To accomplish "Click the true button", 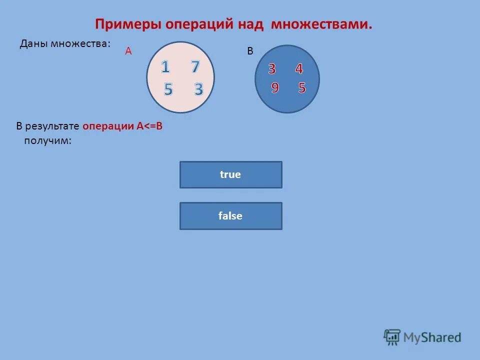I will click(230, 174).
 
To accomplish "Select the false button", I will click(230, 216).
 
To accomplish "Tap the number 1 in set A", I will click(165, 67).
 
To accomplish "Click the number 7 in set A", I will click(194, 67).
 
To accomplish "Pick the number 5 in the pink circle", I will click(168, 89).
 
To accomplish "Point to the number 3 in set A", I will click(198, 89).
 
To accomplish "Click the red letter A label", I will click(128, 51).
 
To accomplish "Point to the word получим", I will click(47, 141).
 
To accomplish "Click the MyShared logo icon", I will click(392, 336).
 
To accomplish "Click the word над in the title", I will click(252, 24).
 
